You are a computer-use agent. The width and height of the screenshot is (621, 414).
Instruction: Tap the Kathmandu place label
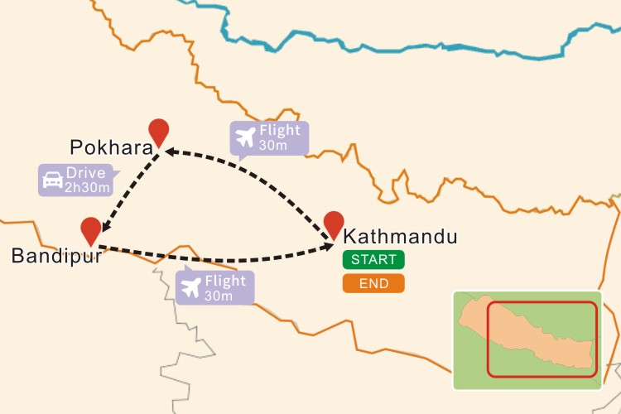tap(400, 237)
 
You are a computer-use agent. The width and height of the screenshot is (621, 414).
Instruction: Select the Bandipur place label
tap(56, 257)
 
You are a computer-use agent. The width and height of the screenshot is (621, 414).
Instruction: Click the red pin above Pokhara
tap(158, 132)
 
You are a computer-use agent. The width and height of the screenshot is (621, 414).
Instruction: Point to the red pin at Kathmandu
tap(334, 223)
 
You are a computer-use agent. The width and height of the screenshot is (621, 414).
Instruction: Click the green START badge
tap(373, 259)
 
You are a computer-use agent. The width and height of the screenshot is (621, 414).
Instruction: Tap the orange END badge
tap(373, 284)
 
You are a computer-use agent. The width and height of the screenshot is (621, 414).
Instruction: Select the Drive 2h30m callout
tap(76, 180)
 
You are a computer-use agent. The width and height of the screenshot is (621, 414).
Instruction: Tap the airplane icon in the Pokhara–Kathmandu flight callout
tap(245, 138)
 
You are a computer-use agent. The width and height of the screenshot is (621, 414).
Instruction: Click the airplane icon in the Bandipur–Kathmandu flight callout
tap(191, 288)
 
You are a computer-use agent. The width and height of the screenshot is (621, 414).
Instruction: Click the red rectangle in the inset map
tap(542, 340)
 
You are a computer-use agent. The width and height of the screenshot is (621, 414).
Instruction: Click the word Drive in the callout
tap(86, 173)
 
